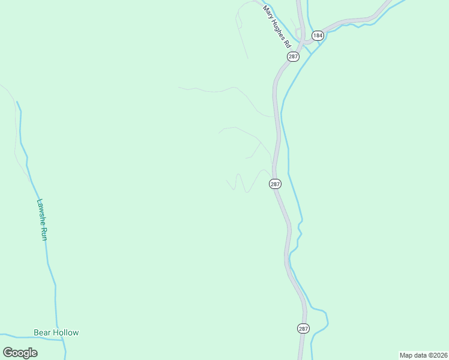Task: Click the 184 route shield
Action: [x=318, y=35]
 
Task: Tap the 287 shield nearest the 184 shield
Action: [x=293, y=56]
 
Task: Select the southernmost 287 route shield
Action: [x=303, y=328]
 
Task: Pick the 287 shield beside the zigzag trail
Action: [x=275, y=184]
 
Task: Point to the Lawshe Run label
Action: [x=42, y=220]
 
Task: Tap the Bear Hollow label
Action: [x=56, y=332]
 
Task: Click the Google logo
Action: [x=20, y=353]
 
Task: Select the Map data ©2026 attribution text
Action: [x=423, y=355]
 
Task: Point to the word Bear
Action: [x=42, y=332]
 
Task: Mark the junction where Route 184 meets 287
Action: [x=304, y=41]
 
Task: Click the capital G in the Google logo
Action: [x=8, y=353]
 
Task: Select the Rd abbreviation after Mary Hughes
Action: [x=288, y=44]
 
